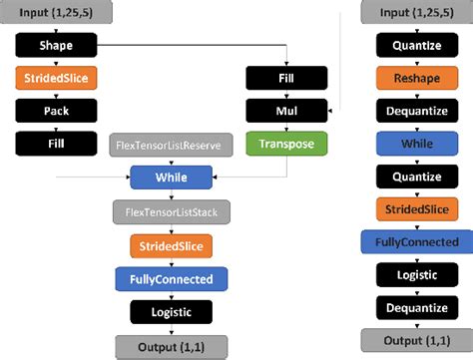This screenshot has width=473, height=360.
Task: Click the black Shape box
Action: click(x=56, y=46)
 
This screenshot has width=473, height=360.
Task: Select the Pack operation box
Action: click(x=56, y=113)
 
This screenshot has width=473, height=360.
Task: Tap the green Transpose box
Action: click(x=287, y=145)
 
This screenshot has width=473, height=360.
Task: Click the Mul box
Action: click(x=287, y=113)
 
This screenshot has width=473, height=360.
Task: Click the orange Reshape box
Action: click(x=417, y=78)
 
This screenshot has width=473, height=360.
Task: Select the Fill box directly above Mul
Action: click(x=287, y=79)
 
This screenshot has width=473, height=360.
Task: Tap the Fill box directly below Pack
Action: click(x=56, y=145)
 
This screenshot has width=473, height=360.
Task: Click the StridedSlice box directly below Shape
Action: click(x=56, y=79)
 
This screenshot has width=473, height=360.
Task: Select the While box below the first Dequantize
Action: click(x=417, y=144)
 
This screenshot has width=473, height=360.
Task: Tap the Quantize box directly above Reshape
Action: click(x=417, y=46)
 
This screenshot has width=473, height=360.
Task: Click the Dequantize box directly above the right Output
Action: click(x=417, y=307)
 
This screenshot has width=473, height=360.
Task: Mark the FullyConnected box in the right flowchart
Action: click(x=417, y=241)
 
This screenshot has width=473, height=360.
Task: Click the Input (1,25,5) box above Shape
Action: click(x=56, y=13)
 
